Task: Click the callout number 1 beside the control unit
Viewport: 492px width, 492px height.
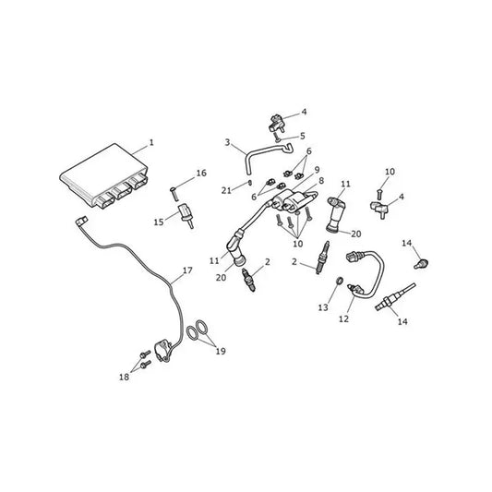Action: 151,143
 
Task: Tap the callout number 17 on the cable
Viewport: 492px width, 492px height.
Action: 187,270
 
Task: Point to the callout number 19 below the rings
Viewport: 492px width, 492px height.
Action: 221,351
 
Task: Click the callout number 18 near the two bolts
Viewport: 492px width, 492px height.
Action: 124,377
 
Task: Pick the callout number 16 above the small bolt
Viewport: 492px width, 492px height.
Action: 201,173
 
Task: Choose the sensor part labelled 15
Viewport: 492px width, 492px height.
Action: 186,216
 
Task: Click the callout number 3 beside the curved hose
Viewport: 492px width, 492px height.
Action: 227,143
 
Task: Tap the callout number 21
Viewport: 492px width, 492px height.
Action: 226,190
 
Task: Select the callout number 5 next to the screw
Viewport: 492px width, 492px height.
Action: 303,136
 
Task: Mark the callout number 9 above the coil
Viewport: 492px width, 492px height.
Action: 317,170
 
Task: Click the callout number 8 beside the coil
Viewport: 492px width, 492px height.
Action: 321,181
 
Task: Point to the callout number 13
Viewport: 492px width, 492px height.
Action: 323,307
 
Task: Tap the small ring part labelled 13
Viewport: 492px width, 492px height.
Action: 340,281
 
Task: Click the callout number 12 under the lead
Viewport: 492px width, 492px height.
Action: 343,318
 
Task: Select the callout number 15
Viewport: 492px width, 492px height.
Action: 159,222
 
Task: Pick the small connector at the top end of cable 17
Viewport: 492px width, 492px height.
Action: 81,221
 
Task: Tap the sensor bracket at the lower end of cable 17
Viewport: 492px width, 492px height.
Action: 162,351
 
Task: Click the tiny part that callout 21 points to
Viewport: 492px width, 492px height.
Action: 250,182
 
